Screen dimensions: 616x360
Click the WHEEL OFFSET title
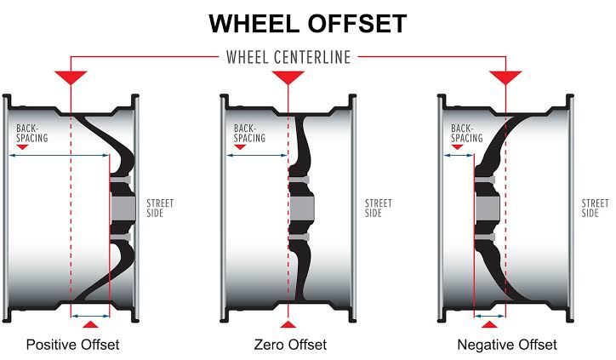pos(308,24)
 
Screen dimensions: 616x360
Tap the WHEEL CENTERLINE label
pos(288,57)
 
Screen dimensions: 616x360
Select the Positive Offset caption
pos(72,345)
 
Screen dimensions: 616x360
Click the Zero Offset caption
pos(290,345)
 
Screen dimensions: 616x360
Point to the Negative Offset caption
pos(507,345)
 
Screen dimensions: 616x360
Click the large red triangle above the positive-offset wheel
pos(71,77)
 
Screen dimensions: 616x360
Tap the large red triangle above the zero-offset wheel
pos(288,77)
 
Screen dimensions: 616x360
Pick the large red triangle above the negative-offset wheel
pos(505,77)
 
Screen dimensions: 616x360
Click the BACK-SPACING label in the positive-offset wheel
pos(31,134)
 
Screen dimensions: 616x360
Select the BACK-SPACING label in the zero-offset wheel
pos(249,134)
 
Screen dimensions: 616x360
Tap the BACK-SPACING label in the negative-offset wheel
pos(467,134)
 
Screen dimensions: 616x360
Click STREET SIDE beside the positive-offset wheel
pos(160,209)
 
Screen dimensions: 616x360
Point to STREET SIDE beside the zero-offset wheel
pos(379,209)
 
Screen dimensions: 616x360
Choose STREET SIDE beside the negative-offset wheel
pos(596,209)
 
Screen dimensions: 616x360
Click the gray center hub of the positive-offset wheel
pos(123,209)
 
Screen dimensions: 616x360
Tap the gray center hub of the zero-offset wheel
pos(302,209)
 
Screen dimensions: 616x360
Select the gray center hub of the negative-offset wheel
pos(488,209)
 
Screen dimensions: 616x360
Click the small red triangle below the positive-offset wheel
pos(91,324)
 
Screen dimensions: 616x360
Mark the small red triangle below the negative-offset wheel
pos(489,324)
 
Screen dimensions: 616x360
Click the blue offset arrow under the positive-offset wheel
pos(90,316)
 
